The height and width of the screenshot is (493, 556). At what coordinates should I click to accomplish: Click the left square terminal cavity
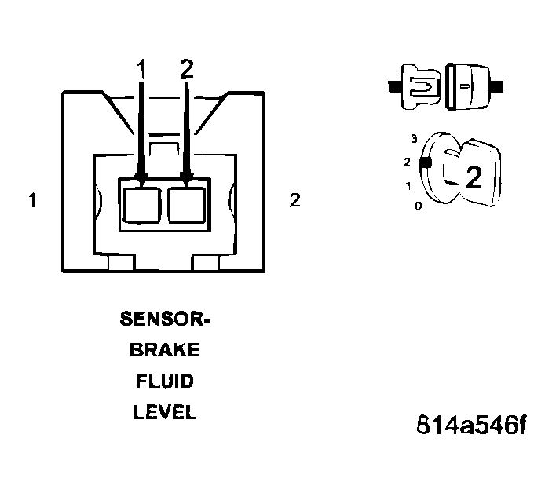click(x=141, y=205)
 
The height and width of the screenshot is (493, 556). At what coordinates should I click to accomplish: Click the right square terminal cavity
click(x=187, y=205)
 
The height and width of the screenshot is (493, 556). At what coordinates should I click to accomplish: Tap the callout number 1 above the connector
click(x=141, y=69)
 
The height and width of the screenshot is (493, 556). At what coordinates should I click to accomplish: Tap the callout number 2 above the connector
click(x=187, y=69)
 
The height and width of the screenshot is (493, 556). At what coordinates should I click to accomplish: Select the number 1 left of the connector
click(x=32, y=200)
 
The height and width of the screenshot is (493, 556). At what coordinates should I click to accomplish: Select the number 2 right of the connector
click(x=294, y=200)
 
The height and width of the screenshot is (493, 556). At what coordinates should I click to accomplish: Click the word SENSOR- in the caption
click(x=165, y=319)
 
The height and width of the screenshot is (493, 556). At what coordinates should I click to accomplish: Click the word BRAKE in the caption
click(x=165, y=350)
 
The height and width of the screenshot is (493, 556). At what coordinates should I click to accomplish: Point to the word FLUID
click(x=165, y=381)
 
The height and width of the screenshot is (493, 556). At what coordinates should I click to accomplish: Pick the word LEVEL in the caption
click(x=165, y=412)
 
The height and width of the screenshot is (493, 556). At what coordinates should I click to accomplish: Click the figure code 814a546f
click(x=471, y=425)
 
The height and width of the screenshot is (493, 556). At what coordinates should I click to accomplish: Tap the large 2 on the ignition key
click(x=474, y=177)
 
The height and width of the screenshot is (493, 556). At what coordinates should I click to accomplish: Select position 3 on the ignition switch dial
click(x=414, y=139)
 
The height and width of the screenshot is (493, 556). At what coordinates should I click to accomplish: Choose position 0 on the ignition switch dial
click(x=418, y=206)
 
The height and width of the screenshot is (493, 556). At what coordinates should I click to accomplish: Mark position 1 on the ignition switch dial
click(x=408, y=186)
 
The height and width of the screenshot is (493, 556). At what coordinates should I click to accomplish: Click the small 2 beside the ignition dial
click(x=407, y=162)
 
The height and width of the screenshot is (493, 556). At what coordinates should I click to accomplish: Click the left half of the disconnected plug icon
click(x=415, y=87)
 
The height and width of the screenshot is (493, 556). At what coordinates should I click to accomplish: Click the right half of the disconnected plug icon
click(x=474, y=87)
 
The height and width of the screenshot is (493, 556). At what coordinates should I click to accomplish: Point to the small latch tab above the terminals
click(x=164, y=145)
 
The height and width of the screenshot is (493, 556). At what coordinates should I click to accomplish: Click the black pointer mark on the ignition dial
click(x=426, y=163)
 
